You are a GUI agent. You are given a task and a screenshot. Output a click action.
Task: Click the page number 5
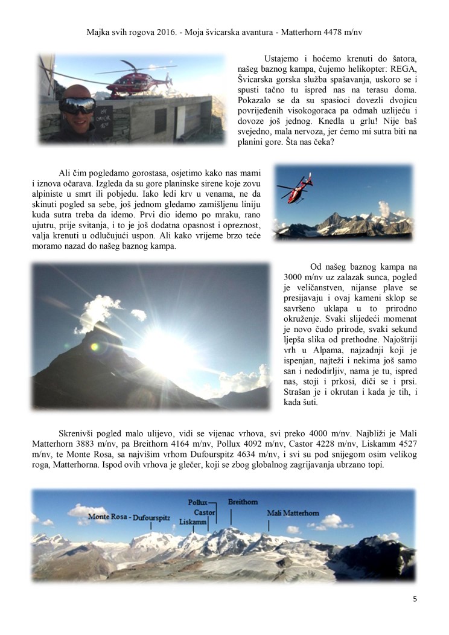[415, 599]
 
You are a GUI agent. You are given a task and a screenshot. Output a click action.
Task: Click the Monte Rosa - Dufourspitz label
[129, 517]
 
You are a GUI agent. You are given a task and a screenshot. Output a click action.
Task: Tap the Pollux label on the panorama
[197, 502]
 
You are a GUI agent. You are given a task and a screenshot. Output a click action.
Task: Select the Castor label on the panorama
[205, 512]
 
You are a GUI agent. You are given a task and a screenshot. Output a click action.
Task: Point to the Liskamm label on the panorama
[193, 522]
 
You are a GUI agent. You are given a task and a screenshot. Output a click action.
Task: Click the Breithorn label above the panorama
[243, 502]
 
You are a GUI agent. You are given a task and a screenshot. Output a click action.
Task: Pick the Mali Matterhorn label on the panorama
[293, 513]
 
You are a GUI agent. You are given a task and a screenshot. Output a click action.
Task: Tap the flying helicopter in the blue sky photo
[295, 187]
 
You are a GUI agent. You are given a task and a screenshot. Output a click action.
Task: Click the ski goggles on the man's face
[77, 105]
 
